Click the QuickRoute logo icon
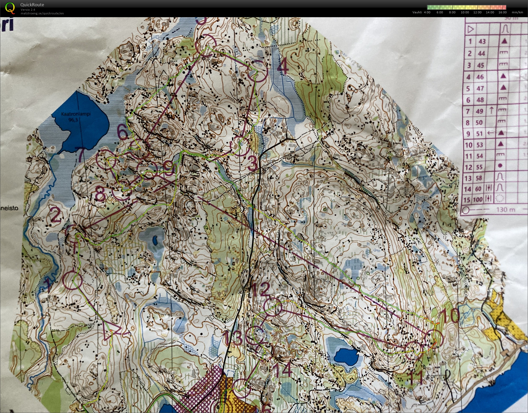click(x=10, y=8)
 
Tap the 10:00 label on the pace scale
click(x=465, y=12)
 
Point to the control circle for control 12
click(x=273, y=307)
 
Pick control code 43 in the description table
click(x=482, y=42)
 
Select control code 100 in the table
click(x=478, y=200)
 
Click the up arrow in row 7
click(x=491, y=110)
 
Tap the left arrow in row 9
click(x=491, y=133)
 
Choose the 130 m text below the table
click(x=505, y=210)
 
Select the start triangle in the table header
click(x=470, y=29)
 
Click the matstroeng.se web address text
click(x=42, y=13)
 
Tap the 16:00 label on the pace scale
click(x=502, y=12)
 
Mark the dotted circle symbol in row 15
click(x=500, y=199)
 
